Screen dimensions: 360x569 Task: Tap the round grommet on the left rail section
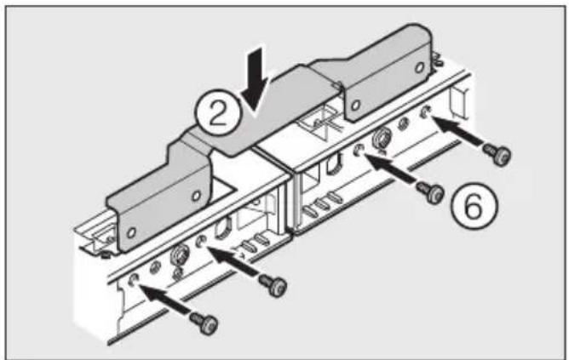coord(180,255)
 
